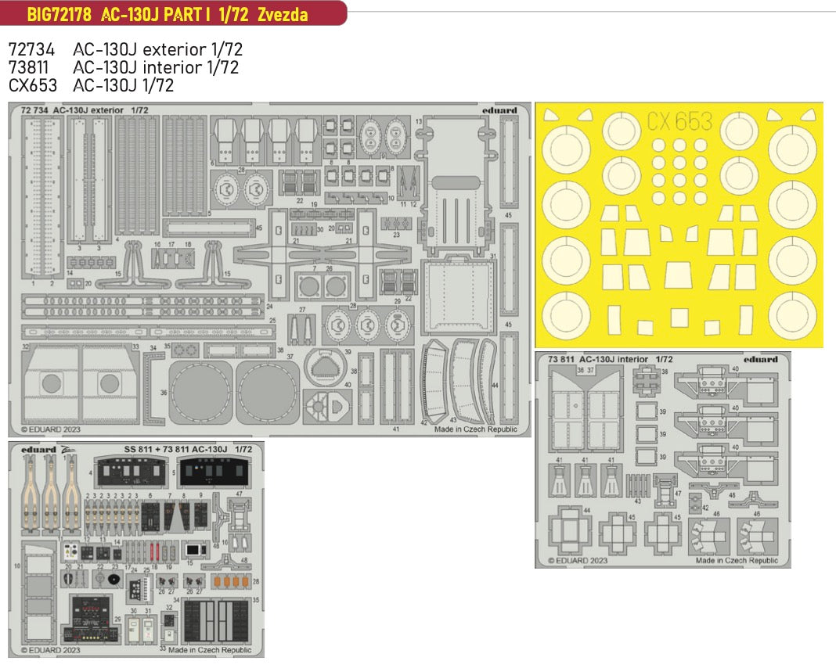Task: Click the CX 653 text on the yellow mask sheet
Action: pos(679,121)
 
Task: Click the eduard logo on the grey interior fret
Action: pos(761,360)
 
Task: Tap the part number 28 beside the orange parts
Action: pos(255,580)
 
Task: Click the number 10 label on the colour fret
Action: pos(16,564)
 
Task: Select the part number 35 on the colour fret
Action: pos(255,599)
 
